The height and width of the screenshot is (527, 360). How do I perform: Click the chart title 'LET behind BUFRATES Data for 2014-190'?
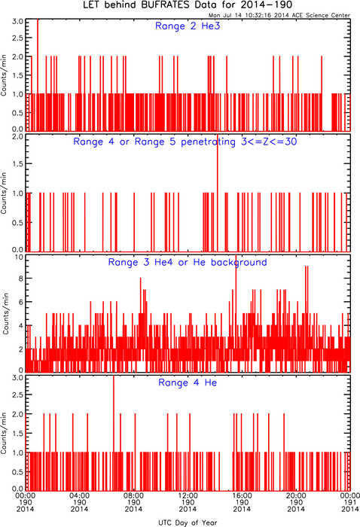tap(188, 5)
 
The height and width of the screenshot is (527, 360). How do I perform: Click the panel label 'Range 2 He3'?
tap(188, 26)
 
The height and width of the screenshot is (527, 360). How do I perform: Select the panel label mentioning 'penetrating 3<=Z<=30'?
tap(185, 142)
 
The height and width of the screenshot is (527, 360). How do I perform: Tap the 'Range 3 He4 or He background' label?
tap(188, 262)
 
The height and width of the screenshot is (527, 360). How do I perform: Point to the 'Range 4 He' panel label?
tap(188, 382)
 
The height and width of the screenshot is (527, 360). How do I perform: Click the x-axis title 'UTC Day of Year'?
tap(188, 522)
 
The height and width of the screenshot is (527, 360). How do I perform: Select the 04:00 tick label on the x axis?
tap(79, 495)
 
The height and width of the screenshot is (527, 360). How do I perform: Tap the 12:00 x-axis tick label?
tap(188, 495)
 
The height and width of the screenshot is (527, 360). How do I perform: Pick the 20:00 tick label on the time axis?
tap(296, 495)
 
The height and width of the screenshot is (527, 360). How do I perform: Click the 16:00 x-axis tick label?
tap(242, 495)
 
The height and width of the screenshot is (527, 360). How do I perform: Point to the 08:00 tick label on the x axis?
tap(133, 495)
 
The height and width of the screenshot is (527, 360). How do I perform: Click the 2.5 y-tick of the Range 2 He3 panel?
tap(18, 38)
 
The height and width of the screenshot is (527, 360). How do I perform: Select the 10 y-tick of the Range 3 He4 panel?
tap(19, 257)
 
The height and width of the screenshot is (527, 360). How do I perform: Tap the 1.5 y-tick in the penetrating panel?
tap(18, 163)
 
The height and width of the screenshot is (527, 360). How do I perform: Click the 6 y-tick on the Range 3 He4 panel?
tap(21, 302)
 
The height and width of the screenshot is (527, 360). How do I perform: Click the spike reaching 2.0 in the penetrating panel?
tap(218, 193)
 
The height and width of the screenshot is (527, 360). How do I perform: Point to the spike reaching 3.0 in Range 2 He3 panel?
tap(38, 75)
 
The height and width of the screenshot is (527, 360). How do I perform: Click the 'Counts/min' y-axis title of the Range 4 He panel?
tap(4, 433)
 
